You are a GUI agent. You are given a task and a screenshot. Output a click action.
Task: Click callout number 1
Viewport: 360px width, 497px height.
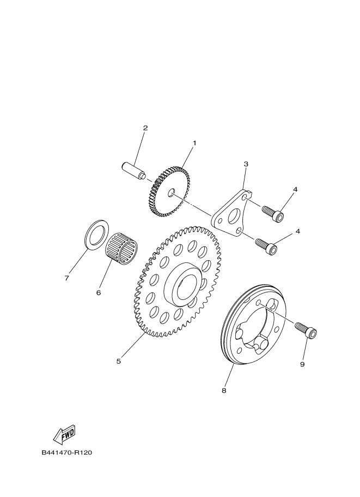[x=194, y=143]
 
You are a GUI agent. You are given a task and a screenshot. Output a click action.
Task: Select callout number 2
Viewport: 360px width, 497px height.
[x=145, y=128]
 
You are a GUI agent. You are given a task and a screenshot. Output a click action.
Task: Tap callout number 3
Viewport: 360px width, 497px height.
[x=246, y=164]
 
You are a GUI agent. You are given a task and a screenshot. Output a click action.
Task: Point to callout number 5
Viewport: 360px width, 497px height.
[x=118, y=360]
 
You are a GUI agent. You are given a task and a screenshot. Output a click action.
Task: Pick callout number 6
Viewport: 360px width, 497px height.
[x=99, y=292]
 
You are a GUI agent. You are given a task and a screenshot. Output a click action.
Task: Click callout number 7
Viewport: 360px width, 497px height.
[x=67, y=278]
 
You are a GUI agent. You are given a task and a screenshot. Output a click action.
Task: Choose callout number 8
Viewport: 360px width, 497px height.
[x=223, y=390]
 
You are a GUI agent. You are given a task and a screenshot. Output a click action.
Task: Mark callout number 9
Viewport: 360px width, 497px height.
[x=302, y=365]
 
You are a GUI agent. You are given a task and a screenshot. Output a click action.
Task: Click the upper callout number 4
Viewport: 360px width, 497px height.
[x=295, y=189]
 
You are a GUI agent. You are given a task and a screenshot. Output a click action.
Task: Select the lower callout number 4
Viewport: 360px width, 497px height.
[x=298, y=231]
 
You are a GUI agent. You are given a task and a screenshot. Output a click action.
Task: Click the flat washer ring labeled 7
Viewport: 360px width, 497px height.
[x=95, y=234]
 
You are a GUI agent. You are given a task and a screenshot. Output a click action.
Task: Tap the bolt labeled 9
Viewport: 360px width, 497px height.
[x=306, y=330]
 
